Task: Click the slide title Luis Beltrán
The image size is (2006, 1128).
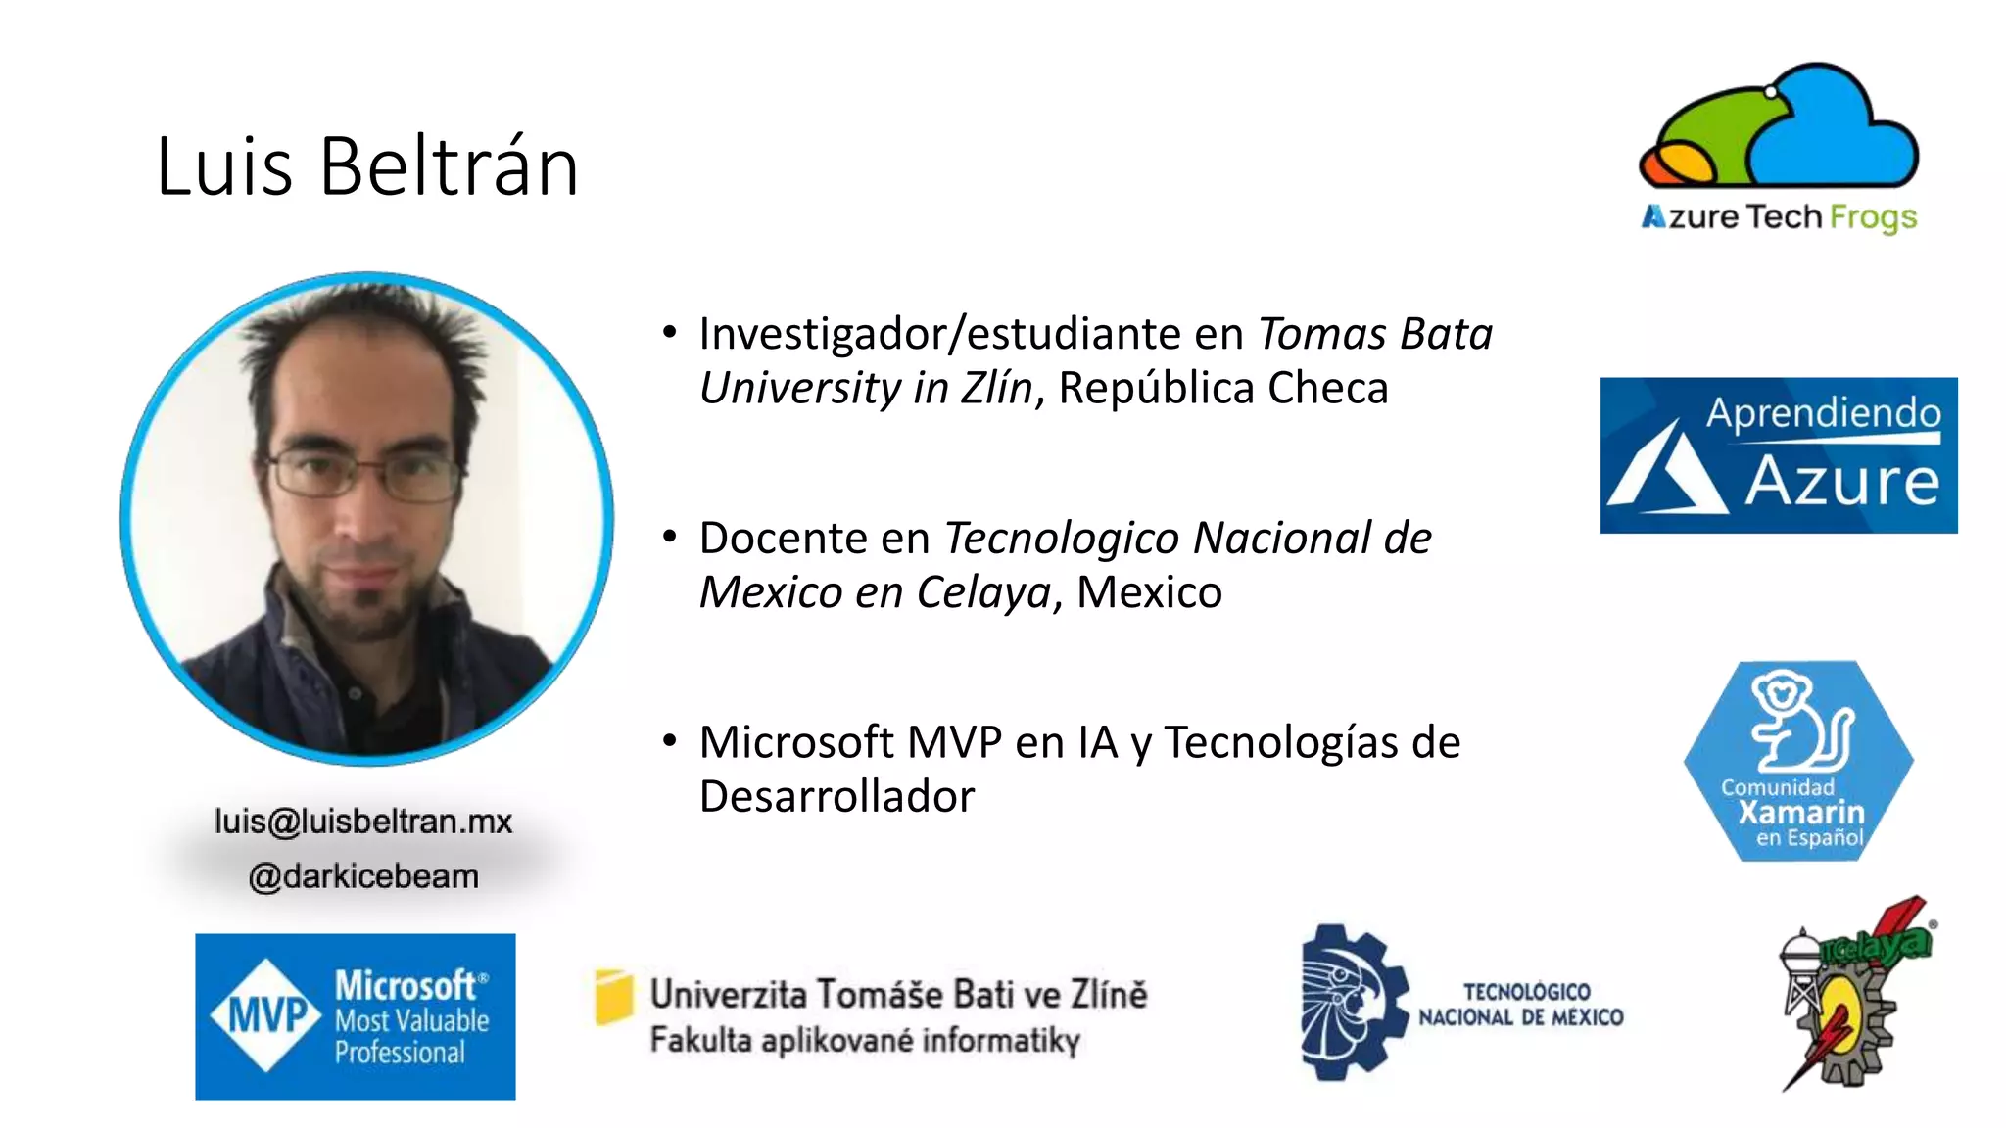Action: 367,166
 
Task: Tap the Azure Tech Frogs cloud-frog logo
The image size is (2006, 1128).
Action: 1779,127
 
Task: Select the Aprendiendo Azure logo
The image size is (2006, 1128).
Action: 1779,455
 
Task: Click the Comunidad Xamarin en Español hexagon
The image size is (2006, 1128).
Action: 1798,761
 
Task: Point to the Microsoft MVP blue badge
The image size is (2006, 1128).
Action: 355,1016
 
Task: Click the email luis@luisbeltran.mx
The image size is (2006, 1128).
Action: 363,822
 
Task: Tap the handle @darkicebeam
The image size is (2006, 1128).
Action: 363,876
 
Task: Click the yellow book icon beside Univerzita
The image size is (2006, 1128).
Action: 614,997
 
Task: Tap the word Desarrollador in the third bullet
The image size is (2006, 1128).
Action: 837,797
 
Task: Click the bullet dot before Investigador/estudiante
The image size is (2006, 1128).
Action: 670,332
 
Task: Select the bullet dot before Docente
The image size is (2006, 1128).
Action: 670,537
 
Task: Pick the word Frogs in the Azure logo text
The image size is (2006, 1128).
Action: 1873,217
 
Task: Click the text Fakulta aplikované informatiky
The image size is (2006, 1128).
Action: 865,1040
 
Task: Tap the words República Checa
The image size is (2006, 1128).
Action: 1223,389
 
